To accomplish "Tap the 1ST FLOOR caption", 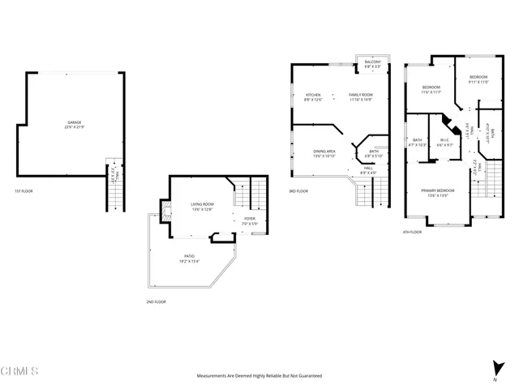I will pos(24,191).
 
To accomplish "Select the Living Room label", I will pos(202,204).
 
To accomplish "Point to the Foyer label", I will pos(250,219).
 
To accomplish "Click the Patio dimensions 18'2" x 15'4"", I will pos(189,262).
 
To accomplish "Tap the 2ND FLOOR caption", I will pos(157,301).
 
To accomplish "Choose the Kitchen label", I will pos(313,96).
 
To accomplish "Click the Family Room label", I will pos(360,96).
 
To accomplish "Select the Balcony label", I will pos(372,62).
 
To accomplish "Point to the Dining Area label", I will pos(325,152).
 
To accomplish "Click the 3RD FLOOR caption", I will pos(298,191).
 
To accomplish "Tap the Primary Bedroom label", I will pos(437,190).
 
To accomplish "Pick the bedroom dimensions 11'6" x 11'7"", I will pos(431,92).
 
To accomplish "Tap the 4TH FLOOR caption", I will pos(411,232).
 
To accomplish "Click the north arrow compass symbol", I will pos(495,367).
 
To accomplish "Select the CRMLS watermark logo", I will pos(19,372).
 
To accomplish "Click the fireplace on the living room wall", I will pos(166,212).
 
